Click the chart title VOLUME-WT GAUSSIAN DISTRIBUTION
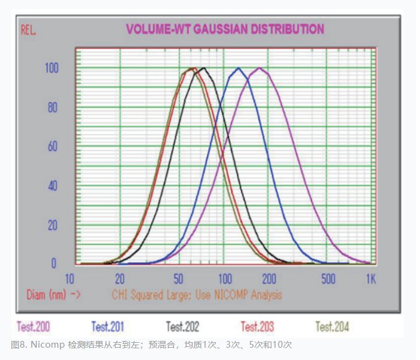click(225, 28)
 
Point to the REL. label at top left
click(29, 30)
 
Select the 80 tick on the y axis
click(53, 107)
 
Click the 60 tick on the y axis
click(53, 146)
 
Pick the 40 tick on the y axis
click(53, 186)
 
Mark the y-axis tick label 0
click(54, 263)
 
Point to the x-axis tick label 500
click(328, 278)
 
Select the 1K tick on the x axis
click(371, 278)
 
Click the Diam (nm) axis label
click(54, 295)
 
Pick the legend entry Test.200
click(34, 326)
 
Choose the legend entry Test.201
click(108, 326)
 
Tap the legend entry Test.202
click(182, 326)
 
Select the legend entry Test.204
click(332, 326)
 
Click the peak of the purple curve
click(260, 68)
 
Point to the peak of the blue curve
click(239, 68)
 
